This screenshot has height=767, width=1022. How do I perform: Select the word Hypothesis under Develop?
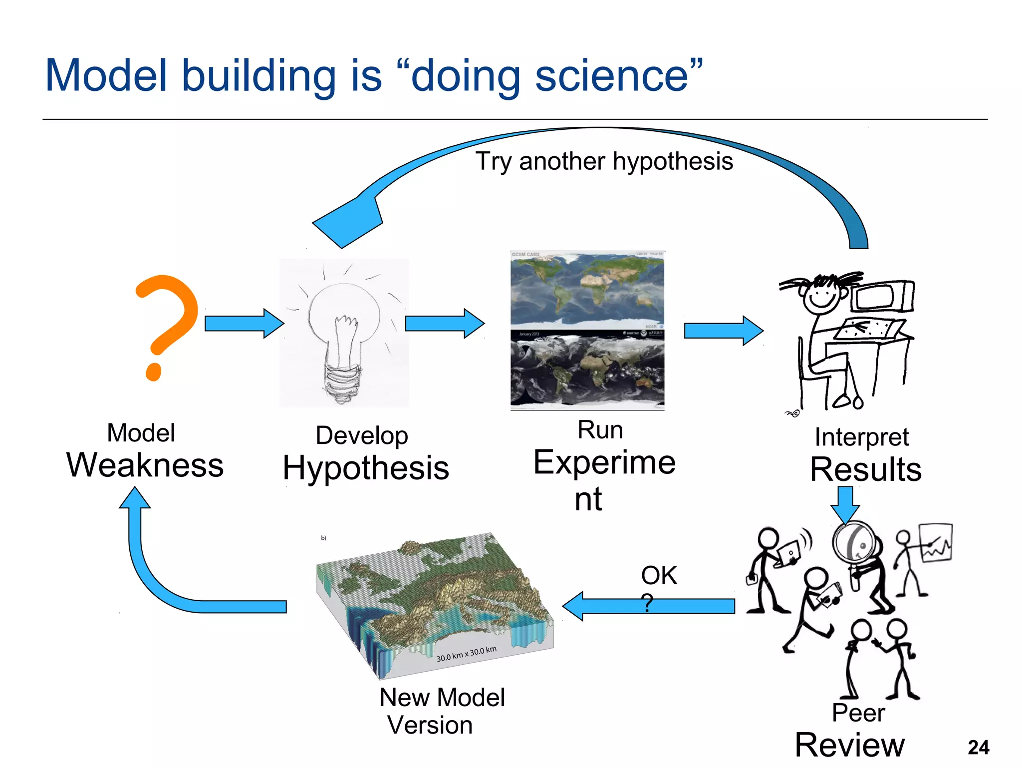coord(366,468)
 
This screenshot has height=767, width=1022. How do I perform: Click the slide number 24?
coord(978,748)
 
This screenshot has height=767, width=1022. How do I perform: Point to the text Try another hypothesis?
coord(604,161)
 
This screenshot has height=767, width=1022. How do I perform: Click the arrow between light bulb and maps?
coord(444,324)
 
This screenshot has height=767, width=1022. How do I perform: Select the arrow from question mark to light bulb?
coord(244,324)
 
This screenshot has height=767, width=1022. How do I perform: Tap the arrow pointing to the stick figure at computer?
coord(723,331)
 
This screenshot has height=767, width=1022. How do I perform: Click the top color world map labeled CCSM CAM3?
coord(587,290)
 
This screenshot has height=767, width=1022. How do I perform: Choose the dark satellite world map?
coord(587,369)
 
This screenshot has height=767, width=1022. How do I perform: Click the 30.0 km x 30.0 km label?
coord(466,654)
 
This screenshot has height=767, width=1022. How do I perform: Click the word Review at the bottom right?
coord(849,745)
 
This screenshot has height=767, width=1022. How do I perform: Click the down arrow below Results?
coord(845,504)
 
